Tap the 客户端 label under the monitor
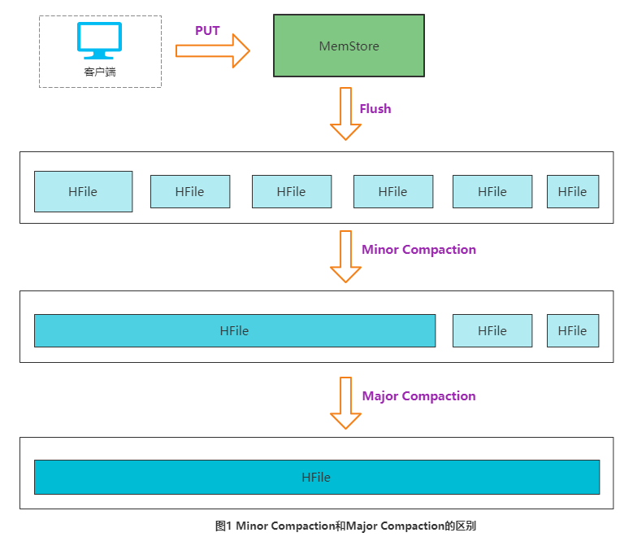[x=99, y=72]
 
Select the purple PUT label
[x=207, y=31]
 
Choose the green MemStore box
[x=349, y=46]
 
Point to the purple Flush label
[x=375, y=109]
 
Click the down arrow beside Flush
[x=345, y=115]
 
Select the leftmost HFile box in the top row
[x=83, y=191]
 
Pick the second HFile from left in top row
[x=189, y=192]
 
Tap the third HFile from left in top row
[x=291, y=192]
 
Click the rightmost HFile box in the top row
[x=572, y=192]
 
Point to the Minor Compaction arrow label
[x=418, y=250]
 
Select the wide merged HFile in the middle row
[x=234, y=331]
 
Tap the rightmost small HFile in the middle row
[x=572, y=331]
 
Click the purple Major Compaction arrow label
[x=418, y=396]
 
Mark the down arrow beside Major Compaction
[x=345, y=403]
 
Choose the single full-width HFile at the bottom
[x=316, y=478]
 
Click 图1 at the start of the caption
[x=224, y=526]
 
